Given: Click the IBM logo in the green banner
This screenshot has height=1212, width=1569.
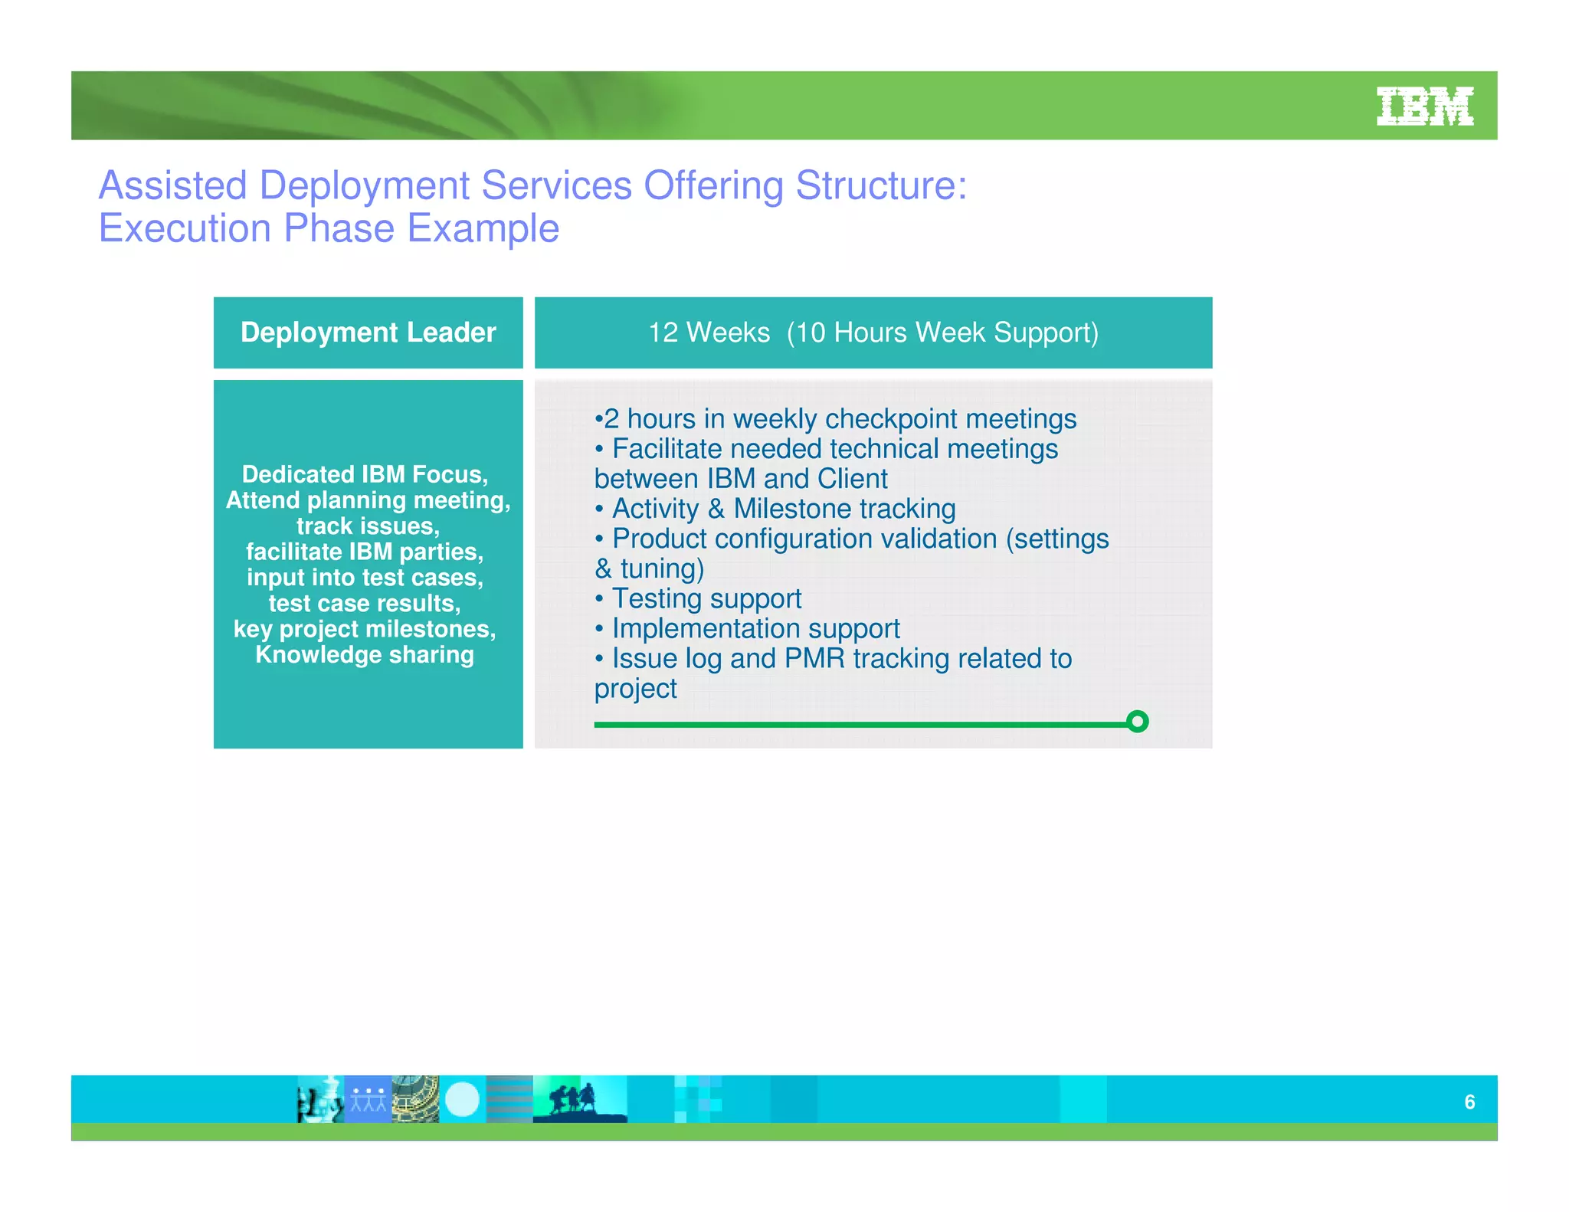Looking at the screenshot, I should pos(1424,106).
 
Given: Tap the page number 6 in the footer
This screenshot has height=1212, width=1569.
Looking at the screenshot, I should pos(1469,1102).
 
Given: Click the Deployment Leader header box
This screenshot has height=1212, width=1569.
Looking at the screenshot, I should pos(368,332).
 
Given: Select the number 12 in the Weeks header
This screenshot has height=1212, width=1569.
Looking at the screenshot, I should pos(663,332).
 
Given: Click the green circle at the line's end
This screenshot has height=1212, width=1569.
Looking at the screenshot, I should pos(1138,721).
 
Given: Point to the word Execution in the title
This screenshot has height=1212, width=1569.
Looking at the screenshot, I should pos(185,228).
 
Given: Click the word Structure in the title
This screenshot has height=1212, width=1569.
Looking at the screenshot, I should pos(876,185).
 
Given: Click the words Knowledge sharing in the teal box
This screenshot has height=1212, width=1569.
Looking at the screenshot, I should pos(365,654).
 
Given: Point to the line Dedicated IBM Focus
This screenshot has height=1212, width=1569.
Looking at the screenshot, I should pos(365,474).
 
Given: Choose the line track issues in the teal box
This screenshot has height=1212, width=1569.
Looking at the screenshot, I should pos(368,526).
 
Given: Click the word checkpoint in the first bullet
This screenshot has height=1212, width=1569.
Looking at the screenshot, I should pos(880,419).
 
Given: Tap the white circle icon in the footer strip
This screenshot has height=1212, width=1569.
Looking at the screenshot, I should pos(462,1099).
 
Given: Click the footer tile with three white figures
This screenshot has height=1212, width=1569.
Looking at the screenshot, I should pos(369,1099).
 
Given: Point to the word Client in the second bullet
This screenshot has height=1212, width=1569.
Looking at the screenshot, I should pos(852,479).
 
